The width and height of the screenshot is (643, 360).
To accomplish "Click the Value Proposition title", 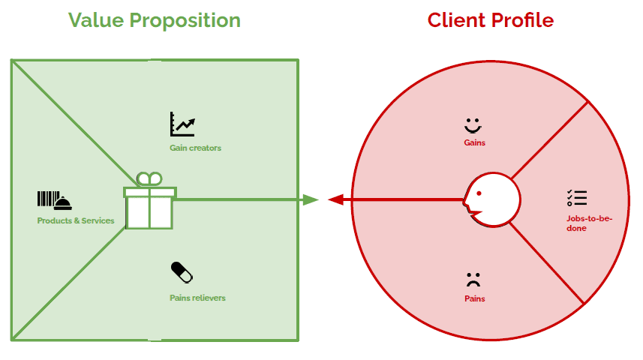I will tap(155, 20).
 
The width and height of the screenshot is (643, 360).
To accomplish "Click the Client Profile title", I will tap(491, 20).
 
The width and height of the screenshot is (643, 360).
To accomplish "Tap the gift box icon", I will tap(150, 208).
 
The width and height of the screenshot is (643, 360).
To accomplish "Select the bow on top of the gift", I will tap(149, 178).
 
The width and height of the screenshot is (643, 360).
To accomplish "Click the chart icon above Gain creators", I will tap(182, 124).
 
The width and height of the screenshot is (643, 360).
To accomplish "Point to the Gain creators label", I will tap(195, 148).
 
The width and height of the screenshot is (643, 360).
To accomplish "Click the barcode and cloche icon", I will tap(55, 199).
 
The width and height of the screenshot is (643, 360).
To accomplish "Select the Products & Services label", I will tap(76, 220).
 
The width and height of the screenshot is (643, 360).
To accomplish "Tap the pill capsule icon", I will tap(182, 271).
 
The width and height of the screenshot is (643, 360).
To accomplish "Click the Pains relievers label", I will tap(197, 298).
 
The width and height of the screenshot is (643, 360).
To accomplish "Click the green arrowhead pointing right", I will tap(310, 199).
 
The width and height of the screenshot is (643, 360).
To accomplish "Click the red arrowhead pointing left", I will tap(336, 199).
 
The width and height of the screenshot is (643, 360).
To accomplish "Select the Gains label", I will tap(474, 142).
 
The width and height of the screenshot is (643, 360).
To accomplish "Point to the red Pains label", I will tap(474, 298).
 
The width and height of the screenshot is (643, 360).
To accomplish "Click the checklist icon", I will tap(577, 198).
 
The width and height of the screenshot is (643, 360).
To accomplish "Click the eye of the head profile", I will tap(479, 192).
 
